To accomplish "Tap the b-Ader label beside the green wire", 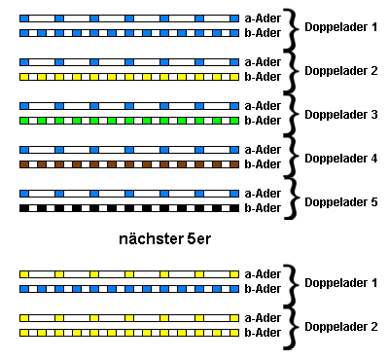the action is pyautogui.click(x=262, y=121).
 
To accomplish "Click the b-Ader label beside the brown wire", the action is pyautogui.click(x=262, y=164).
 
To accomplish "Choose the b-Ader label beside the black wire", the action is pyautogui.click(x=262, y=208).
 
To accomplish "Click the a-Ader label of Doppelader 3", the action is pyautogui.click(x=262, y=106).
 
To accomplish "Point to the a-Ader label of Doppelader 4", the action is pyautogui.click(x=262, y=150).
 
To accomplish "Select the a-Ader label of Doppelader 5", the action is pyautogui.click(x=262, y=194).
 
